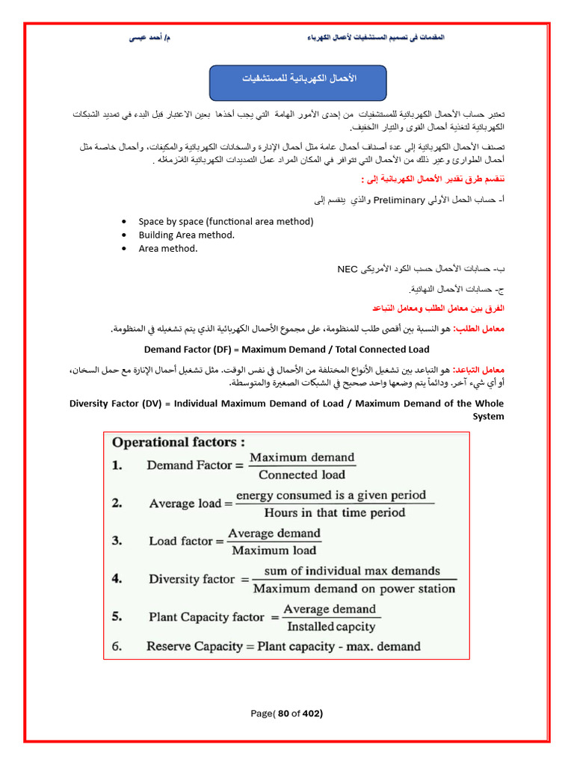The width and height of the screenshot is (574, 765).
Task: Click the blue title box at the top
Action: coord(297,82)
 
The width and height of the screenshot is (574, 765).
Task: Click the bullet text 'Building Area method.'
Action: coord(186,235)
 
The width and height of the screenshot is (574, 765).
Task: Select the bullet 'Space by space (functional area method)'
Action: coord(226,221)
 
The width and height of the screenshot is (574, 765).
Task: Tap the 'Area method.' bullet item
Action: coord(168,249)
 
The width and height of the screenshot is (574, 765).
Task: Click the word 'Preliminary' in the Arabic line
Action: coord(398,199)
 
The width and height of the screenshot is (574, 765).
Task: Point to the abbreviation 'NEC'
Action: coord(348,268)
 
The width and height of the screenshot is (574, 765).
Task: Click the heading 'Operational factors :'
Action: coord(179,442)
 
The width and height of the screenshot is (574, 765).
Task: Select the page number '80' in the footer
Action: coord(283,713)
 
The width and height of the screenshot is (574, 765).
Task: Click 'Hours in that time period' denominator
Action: coord(334,512)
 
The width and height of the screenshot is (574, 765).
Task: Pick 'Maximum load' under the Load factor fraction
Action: coord(274,551)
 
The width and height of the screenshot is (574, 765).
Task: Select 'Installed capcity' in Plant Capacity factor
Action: coord(331,627)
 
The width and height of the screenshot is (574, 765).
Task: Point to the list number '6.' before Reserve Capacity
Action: coord(117,646)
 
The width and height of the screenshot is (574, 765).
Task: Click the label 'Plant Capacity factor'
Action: coord(206,617)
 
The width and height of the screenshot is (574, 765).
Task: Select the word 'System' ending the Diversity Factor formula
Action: coord(488,417)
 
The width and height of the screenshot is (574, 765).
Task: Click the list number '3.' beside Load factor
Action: coord(117,540)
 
